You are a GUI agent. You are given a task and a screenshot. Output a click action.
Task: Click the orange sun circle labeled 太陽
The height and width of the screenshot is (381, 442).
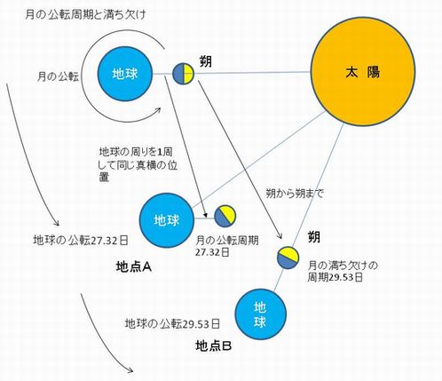coord(363,72)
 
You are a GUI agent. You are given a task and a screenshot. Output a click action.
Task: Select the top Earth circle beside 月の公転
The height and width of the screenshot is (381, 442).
coord(125,74)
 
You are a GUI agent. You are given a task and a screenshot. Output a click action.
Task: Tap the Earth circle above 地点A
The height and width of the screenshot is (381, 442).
coord(167,220)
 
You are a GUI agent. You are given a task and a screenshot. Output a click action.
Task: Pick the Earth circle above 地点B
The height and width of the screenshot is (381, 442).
coord(261,314)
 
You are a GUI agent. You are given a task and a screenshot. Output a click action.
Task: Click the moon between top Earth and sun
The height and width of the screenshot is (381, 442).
coord(184,74)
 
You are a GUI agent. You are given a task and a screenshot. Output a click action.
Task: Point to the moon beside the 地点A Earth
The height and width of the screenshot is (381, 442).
coord(225,217)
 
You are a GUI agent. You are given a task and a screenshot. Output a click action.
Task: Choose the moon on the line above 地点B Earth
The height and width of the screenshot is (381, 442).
coord(288,258)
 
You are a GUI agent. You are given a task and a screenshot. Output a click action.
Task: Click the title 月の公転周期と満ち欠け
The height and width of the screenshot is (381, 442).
coord(86,14)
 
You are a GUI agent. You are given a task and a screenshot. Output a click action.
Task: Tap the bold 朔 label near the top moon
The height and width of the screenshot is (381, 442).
coord(206,62)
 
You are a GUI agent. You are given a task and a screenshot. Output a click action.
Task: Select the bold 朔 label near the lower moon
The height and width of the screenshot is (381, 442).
coord(314,237)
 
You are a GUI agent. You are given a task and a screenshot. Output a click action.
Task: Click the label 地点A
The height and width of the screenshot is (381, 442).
coord(134,267)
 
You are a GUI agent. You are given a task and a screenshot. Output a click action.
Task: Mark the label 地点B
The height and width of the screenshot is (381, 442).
coord(213,345)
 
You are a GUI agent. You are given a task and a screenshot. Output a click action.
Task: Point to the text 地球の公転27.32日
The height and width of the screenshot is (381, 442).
coord(81,241)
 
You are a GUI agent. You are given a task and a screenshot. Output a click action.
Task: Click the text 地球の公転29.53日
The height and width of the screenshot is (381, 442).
coord(172,323)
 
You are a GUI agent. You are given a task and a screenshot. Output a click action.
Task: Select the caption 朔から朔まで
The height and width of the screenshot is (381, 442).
coord(295,194)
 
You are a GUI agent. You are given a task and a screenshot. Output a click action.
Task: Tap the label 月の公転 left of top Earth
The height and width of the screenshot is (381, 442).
coord(58,77)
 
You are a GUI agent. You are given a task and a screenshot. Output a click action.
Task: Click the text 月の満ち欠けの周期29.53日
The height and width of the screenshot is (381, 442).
coord(343,271)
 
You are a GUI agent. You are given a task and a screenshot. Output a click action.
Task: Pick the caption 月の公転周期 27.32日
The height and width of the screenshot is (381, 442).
coord(227,246)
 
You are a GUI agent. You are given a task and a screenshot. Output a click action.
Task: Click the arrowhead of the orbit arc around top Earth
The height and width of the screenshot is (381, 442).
coord(159,110)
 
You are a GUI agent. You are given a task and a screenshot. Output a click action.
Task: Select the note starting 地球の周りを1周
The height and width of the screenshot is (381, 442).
coord(138,165)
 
